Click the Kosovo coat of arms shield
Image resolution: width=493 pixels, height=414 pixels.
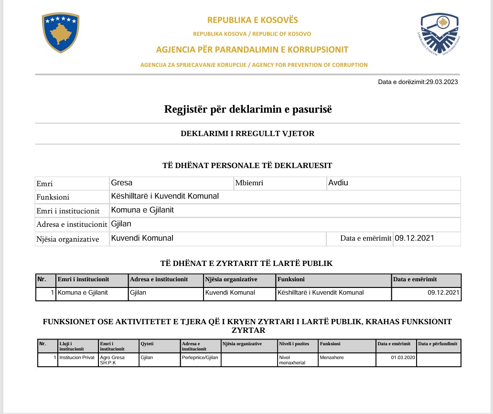pyautogui.click(x=60, y=33)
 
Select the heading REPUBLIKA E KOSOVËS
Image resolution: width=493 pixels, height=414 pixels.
pyautogui.click(x=252, y=20)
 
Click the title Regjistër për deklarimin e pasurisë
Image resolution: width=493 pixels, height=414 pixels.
pyautogui.click(x=247, y=109)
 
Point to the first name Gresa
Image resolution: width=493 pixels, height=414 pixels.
pyautogui.click(x=122, y=183)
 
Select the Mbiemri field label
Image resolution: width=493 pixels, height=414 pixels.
pyautogui.click(x=249, y=183)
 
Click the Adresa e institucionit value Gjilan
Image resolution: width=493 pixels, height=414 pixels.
pyautogui.click(x=121, y=224)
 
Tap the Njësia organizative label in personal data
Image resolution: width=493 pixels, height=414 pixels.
pyautogui.click(x=68, y=239)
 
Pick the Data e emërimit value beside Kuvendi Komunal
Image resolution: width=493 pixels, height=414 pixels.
pyautogui.click(x=414, y=238)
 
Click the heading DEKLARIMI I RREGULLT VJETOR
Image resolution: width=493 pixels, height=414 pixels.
pyautogui.click(x=247, y=134)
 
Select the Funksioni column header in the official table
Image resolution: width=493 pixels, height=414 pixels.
pyautogui.click(x=291, y=280)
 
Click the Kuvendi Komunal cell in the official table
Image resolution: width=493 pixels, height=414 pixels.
pyautogui.click(x=230, y=293)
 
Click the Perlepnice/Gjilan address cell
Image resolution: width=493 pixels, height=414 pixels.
pyautogui.click(x=200, y=357)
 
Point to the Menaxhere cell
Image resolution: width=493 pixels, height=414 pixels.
pyautogui.click(x=333, y=357)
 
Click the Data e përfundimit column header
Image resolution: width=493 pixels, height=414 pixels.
pyautogui.click(x=438, y=344)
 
